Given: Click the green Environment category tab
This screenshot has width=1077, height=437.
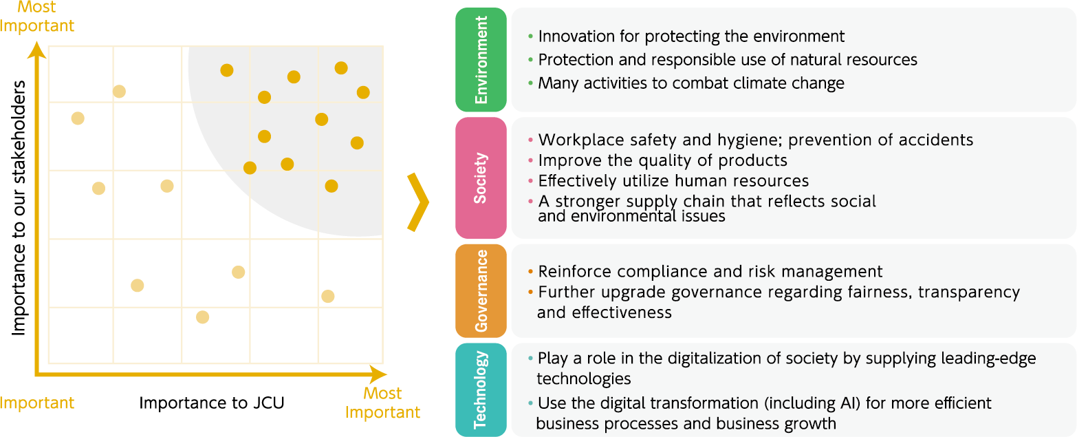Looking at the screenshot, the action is click(481, 60).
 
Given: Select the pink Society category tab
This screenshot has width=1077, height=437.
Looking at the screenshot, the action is click(481, 178).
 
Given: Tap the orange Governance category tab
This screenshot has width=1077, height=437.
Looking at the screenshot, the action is click(481, 290).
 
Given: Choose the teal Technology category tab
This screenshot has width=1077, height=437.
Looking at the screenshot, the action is click(481, 390).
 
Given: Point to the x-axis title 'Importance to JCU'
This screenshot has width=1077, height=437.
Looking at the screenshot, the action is click(212, 403).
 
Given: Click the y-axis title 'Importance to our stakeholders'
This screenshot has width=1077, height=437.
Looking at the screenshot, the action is click(19, 208).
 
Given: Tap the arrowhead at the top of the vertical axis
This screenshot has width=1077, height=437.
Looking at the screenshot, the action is click(36, 50).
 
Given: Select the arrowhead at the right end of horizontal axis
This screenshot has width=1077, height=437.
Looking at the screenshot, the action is click(378, 374).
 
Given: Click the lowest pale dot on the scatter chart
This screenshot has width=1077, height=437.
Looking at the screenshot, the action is click(202, 317).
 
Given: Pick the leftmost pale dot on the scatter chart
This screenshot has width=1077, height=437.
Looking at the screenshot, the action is click(78, 118).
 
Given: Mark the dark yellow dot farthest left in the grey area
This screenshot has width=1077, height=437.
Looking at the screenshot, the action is click(227, 70).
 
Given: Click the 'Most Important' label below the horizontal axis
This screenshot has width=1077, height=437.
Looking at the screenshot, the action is click(382, 403).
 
